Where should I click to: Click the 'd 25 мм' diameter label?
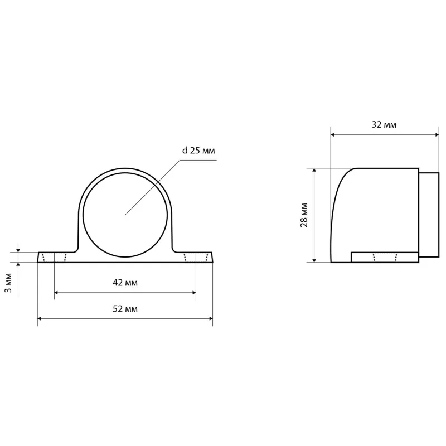coord(198,150)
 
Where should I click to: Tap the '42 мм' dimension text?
coord(125,283)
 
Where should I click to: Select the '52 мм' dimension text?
coord(125,309)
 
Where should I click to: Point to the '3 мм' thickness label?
coord(8,283)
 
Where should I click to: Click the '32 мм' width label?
coord(384,124)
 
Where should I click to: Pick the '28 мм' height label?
coord(304,215)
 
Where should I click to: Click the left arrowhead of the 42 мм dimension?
coord(56,292)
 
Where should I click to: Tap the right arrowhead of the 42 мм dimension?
coord(193,292)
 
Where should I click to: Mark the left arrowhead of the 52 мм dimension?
coord(40,318)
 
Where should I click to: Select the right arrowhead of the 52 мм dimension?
coord(211,318)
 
